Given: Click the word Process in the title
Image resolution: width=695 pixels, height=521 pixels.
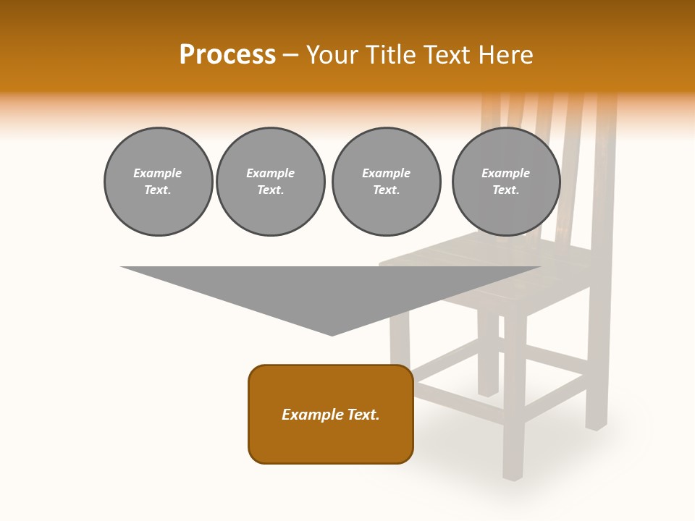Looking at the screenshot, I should pyautogui.click(x=227, y=55).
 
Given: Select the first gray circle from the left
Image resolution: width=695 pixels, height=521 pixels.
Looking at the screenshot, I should pyautogui.click(x=158, y=182).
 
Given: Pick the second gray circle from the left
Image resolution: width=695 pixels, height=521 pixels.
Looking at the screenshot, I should pyautogui.click(x=270, y=182).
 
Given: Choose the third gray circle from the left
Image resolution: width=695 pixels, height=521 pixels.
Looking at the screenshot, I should pyautogui.click(x=386, y=182).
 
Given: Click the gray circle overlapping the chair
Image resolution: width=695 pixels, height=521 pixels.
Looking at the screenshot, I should pyautogui.click(x=505, y=182).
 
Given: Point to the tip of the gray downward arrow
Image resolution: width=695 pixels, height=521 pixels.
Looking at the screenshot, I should pyautogui.click(x=332, y=334).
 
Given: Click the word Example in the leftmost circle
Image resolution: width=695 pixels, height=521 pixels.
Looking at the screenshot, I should pyautogui.click(x=158, y=173).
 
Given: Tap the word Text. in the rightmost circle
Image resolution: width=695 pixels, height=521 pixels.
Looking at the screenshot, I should pyautogui.click(x=505, y=190).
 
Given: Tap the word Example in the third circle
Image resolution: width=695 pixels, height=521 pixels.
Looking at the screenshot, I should pyautogui.click(x=386, y=173).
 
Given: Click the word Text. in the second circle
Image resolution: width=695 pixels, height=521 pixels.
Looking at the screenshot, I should pyautogui.click(x=270, y=190).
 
